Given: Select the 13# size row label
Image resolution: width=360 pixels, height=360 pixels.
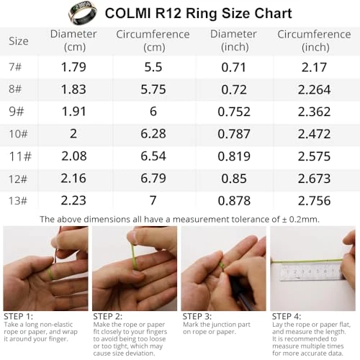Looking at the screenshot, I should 19,201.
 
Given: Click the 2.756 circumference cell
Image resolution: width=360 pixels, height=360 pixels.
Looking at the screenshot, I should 314,201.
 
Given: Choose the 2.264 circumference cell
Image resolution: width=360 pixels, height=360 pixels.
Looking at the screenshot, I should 314,90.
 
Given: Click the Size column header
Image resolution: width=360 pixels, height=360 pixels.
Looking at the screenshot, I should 19,41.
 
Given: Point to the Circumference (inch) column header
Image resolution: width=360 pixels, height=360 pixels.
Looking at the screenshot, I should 314,40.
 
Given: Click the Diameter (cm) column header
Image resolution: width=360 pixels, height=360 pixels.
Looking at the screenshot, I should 68,40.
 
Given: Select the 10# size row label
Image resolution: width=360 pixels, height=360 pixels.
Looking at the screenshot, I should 19,135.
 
